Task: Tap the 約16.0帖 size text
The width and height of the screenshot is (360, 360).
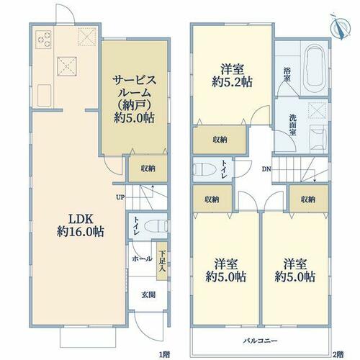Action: coord(81,232)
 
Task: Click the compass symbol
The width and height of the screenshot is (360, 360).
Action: coord(341,28)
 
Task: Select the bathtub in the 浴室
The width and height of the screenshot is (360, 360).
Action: coord(315,68)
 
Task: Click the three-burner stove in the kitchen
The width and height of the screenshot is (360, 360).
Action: coord(43,40)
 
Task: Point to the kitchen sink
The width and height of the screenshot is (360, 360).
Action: coord(44,96)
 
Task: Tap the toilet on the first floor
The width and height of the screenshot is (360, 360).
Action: coord(156,225)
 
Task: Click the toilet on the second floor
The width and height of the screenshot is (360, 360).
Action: coord(204,169)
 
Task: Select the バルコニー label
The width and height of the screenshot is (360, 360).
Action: coord(261,341)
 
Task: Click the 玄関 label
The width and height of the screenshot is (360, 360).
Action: coord(148,294)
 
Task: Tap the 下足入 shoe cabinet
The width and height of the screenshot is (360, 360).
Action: coord(162,261)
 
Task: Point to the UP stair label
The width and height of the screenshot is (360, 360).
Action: coord(120,197)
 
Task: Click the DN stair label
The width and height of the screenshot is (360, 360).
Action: coord(266,169)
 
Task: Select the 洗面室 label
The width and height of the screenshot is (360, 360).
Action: coord(293,125)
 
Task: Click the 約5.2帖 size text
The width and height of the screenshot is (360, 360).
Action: coord(232,82)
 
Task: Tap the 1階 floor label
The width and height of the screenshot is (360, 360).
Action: coord(165,354)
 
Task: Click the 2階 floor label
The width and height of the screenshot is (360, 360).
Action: coord(338,354)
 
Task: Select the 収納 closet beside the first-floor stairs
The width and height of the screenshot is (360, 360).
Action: coord(148,168)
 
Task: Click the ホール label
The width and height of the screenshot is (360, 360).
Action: coord(142,258)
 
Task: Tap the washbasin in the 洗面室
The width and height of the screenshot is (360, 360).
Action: coord(318,138)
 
